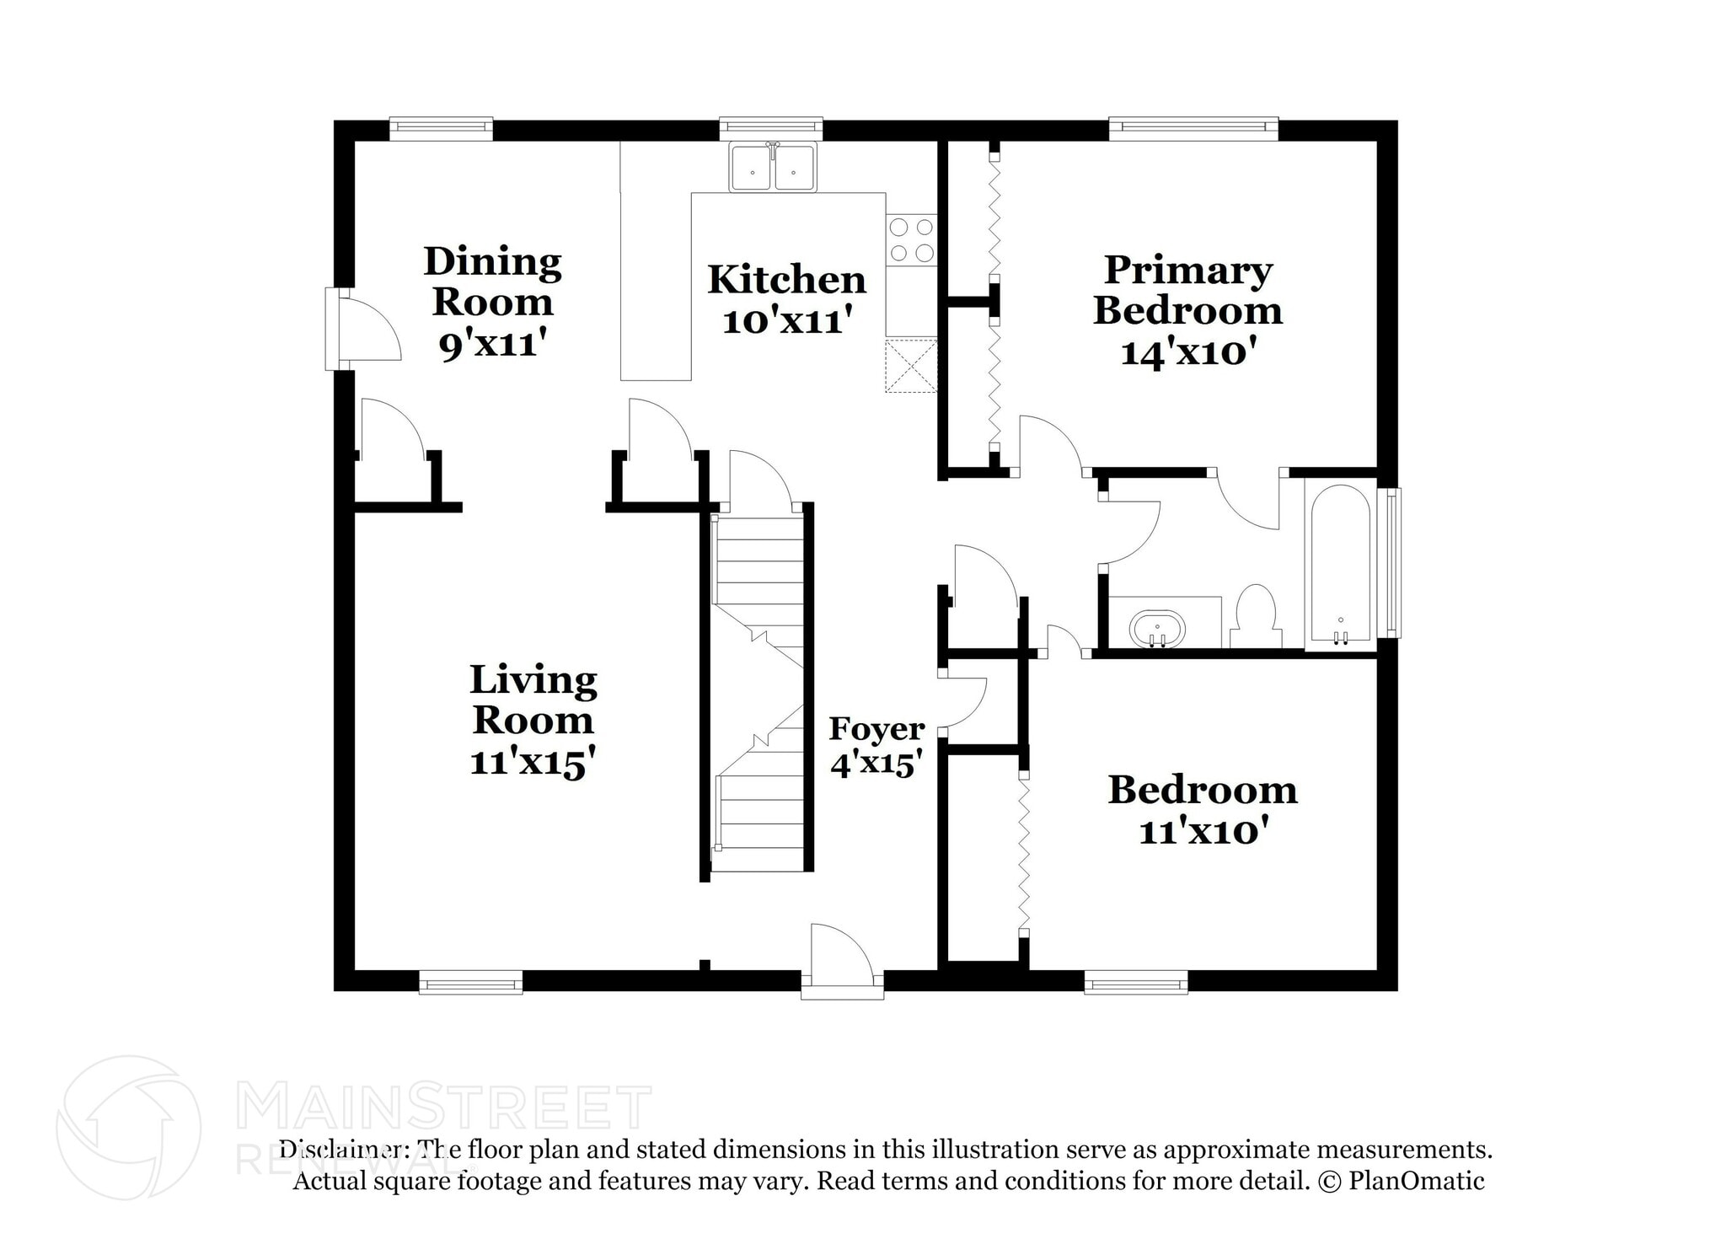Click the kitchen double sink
pos(773,168)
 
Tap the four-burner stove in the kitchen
pos(912,240)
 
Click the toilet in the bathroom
pos(1256,616)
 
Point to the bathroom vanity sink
pos(1157,628)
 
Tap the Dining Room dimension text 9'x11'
pos(493,343)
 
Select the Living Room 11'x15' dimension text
pos(533,762)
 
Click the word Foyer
pos(876,728)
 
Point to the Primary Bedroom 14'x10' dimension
pos(1187,351)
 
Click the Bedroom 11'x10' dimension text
pos(1203,832)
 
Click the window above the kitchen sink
pos(771,128)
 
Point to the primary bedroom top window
pos(1193,128)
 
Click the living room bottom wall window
pos(470,982)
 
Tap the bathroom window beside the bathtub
pos(1392,562)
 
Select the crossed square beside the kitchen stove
pos(910,366)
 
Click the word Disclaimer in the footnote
pos(340,1150)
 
